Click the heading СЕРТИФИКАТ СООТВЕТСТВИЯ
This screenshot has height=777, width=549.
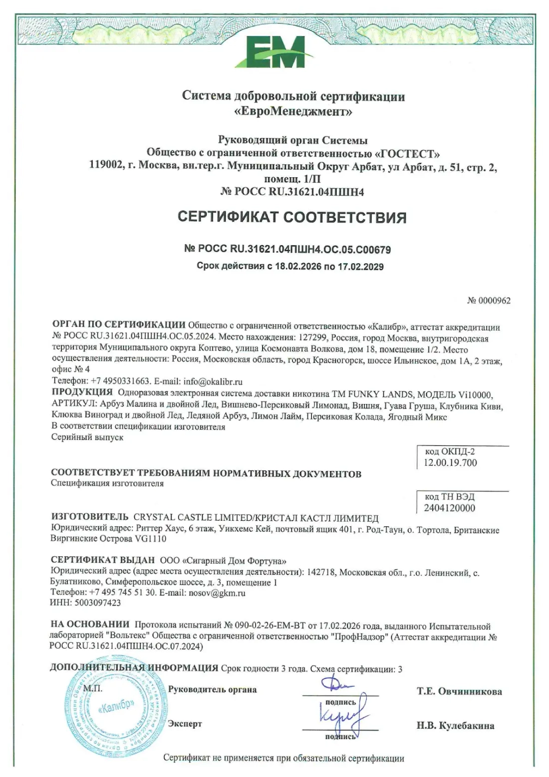[292, 217]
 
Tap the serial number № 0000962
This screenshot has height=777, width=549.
[489, 301]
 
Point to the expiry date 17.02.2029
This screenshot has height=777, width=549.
[360, 267]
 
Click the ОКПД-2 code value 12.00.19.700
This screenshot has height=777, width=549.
[450, 463]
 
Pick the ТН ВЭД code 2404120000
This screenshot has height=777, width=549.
[449, 508]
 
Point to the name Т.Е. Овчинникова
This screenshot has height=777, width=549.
[459, 692]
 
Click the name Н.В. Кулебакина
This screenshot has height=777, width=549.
[455, 726]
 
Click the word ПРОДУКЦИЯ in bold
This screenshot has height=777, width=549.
[82, 391]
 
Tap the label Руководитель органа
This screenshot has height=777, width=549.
[212, 690]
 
